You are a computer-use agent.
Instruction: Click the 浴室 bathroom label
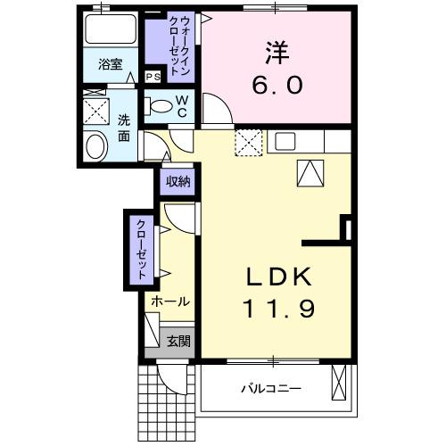click(111, 65)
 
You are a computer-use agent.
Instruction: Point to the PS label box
click(153, 76)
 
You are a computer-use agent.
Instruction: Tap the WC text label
click(181, 106)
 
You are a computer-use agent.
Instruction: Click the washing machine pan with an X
click(95, 111)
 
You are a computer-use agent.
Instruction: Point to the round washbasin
click(95, 146)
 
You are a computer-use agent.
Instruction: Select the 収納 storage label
click(178, 181)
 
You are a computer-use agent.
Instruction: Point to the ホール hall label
click(169, 301)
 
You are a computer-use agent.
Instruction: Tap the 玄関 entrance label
click(178, 340)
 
